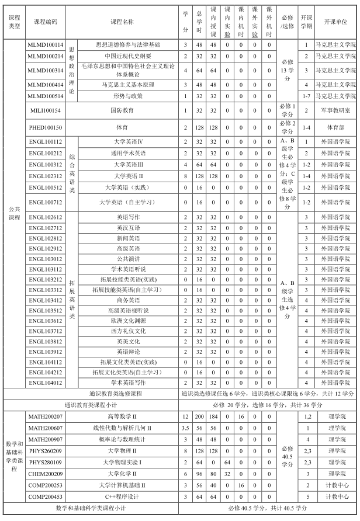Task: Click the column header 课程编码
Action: (46, 22)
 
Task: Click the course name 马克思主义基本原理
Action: (127, 85)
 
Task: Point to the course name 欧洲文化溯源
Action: (127, 321)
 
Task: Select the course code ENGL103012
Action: (46, 259)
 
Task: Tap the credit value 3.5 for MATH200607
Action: (185, 428)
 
